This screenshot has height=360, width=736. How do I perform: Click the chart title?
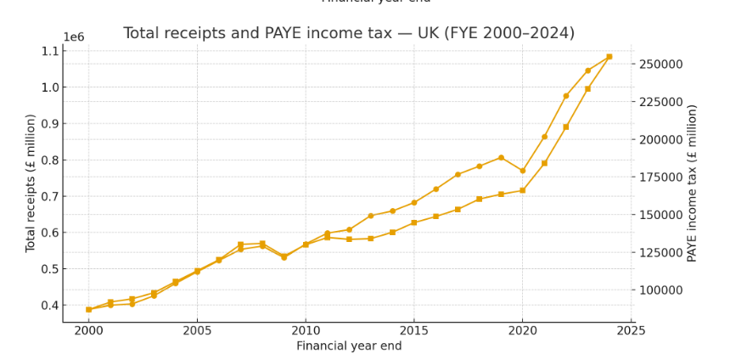[348, 33]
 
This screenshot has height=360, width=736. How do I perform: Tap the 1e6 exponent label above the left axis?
[74, 37]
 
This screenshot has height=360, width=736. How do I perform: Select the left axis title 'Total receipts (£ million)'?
[31, 183]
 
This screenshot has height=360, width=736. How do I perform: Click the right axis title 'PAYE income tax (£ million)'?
[693, 183]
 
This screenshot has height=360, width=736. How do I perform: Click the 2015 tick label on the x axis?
[413, 330]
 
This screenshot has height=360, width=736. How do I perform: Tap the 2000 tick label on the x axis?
[88, 330]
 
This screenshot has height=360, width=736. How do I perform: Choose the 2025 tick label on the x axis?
[631, 330]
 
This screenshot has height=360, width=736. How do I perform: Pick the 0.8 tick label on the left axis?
[49, 160]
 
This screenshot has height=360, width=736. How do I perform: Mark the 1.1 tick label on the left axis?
[49, 51]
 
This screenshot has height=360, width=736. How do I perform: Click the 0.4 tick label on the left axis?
[49, 306]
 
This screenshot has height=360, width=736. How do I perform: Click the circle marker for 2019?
[501, 158]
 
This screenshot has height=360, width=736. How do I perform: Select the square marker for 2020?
[522, 190]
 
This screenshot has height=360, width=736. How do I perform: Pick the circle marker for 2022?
[566, 96]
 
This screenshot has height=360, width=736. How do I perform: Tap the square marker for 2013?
[370, 239]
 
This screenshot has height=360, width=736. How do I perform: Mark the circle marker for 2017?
[458, 175]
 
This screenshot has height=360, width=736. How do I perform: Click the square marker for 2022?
[566, 127]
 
